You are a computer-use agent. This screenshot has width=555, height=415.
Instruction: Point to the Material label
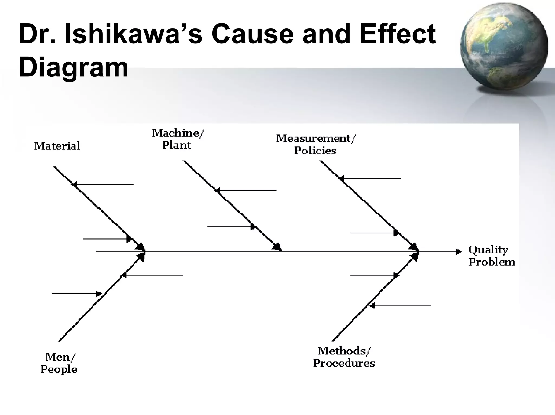point(57,146)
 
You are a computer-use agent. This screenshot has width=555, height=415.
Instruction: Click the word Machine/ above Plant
point(178,133)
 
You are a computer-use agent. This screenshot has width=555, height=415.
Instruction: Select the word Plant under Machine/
point(176,145)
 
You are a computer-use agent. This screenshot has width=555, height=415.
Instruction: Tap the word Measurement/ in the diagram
point(316,139)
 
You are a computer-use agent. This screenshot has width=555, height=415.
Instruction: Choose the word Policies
point(315,151)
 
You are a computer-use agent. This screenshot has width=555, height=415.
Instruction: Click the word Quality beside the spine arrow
point(488,250)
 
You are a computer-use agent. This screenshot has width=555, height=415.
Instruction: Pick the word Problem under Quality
point(492,262)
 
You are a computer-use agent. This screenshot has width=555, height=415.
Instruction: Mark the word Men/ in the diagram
point(60,357)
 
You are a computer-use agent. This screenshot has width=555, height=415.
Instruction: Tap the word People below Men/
point(59,370)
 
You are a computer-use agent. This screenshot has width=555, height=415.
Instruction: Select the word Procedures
point(344,363)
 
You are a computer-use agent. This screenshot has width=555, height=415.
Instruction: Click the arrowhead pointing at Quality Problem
point(458,252)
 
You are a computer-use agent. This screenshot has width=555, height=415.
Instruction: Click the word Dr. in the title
point(37,34)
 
